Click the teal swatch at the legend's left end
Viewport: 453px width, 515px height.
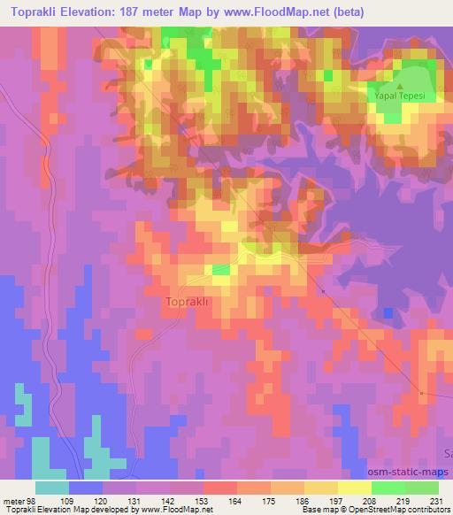point(52,488)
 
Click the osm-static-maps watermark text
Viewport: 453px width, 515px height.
point(410,474)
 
